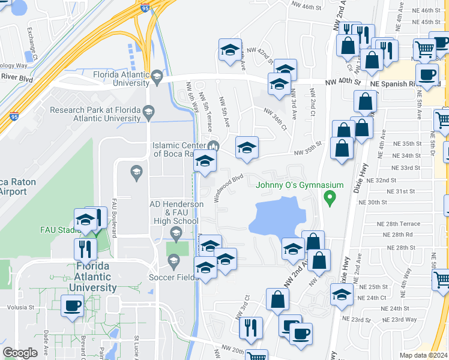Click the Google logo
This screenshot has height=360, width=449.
click(20, 353)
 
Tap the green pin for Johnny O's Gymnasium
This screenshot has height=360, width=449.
click(329, 197)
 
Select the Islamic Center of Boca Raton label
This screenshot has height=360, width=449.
click(180, 149)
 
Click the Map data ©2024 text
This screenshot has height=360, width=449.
click(424, 355)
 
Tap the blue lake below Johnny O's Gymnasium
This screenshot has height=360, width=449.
click(277, 217)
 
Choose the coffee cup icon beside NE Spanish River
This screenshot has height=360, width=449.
click(427, 75)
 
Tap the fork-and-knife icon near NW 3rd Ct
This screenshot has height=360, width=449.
click(250, 326)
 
